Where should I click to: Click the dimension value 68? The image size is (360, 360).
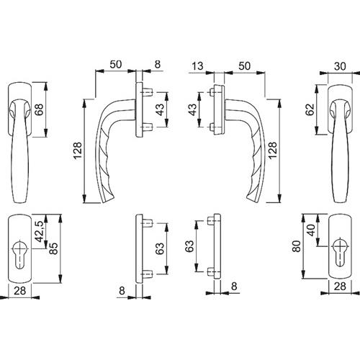coord(39,109)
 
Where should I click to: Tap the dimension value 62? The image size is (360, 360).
coord(310,109)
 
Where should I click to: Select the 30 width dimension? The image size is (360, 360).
coord(340,66)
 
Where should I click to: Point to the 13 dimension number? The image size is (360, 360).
coord(197,66)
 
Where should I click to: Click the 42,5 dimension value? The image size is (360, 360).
coord(39,231)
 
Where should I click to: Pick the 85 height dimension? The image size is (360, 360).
coord(53,248)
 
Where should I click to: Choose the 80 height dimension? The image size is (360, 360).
coord(297,246)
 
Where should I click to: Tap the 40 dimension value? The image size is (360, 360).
coord(311,230)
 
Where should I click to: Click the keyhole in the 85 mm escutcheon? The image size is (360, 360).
coord(19,255)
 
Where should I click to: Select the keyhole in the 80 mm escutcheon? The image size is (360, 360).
coord(340,253)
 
